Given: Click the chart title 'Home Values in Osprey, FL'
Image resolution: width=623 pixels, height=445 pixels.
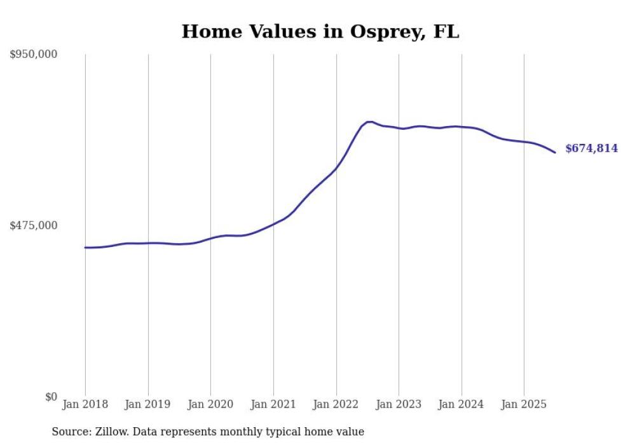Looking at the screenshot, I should pyautogui.click(x=320, y=32).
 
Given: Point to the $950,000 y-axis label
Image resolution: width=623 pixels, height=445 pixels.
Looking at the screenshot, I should pyautogui.click(x=33, y=55).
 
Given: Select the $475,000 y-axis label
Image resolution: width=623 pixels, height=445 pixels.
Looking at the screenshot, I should pyautogui.click(x=33, y=225).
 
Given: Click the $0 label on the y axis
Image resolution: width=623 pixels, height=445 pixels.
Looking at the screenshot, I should pyautogui.click(x=51, y=397).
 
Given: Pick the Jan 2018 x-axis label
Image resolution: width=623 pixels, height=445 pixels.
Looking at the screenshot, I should pyautogui.click(x=85, y=404).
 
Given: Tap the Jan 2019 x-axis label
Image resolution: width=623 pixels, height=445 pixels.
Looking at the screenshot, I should pyautogui.click(x=148, y=404).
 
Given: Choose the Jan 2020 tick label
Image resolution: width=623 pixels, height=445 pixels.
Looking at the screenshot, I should pyautogui.click(x=210, y=404).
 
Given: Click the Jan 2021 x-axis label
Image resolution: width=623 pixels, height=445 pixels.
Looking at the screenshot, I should pyautogui.click(x=273, y=404).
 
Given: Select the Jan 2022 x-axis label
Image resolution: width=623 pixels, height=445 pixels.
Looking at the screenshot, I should pyautogui.click(x=336, y=404).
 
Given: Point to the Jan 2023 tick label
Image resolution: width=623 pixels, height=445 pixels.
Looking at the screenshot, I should pyautogui.click(x=399, y=404).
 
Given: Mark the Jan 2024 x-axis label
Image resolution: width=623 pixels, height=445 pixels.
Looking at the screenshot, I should pyautogui.click(x=462, y=404).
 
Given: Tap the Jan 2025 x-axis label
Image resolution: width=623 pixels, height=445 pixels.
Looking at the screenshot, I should pyautogui.click(x=524, y=404).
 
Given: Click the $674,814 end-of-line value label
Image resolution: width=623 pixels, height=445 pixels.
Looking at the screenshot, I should pyautogui.click(x=591, y=148).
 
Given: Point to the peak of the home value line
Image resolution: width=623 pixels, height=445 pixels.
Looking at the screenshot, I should pyautogui.click(x=369, y=122).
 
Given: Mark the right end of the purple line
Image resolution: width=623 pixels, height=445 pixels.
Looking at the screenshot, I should pyautogui.click(x=555, y=152).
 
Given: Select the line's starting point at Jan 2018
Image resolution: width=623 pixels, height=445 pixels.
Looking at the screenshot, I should pyautogui.click(x=85, y=248).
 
